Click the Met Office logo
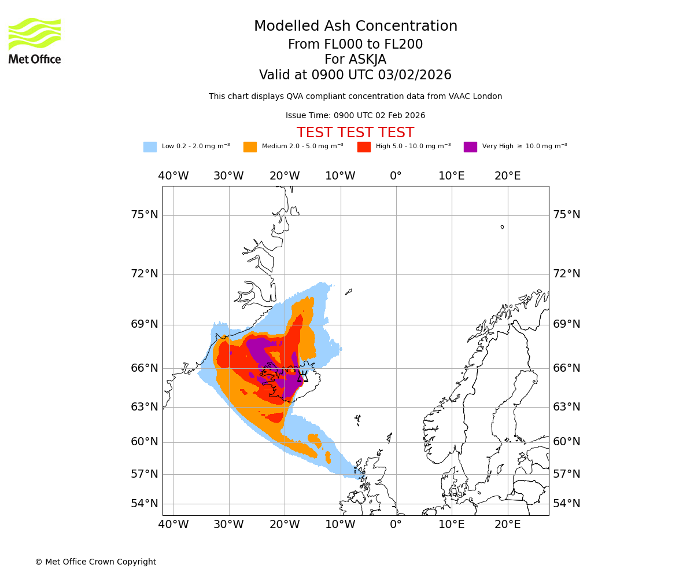coord(35,41)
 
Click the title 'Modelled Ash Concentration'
coord(355,26)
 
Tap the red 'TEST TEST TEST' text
coord(355,133)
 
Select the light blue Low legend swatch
coord(150,147)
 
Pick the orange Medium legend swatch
coord(250,147)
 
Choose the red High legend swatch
coord(364,147)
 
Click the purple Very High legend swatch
coord(470,147)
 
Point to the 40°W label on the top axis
coord(173,176)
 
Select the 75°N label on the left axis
coord(145,215)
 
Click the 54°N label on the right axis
coord(567,504)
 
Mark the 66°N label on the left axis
coord(145,368)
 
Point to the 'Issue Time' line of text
coord(355,115)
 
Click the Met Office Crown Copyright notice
coord(95,562)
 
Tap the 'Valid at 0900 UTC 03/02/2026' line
coord(355,75)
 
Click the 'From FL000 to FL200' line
coord(355,45)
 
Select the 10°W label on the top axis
coord(340,176)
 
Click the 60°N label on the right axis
coord(567,442)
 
